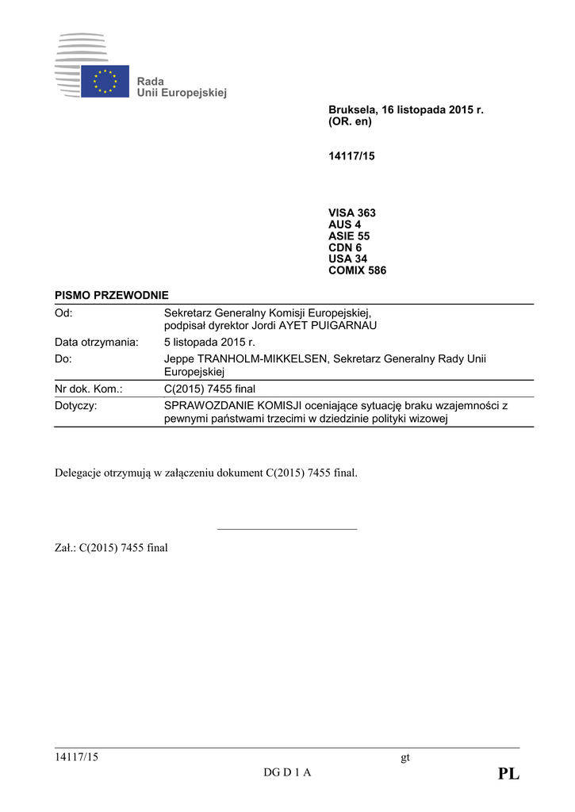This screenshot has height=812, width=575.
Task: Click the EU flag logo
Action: click(x=105, y=81)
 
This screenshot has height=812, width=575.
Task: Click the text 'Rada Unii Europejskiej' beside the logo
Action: click(x=182, y=87)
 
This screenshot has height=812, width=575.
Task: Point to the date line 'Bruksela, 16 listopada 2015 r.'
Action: click(x=405, y=110)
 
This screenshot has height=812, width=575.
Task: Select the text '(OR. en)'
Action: click(x=350, y=122)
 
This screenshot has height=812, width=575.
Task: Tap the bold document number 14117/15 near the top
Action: click(x=351, y=156)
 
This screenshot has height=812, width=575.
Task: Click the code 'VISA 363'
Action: click(x=352, y=213)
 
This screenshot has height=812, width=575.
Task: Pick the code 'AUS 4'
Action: click(x=344, y=224)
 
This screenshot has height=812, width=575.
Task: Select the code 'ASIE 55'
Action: click(x=349, y=236)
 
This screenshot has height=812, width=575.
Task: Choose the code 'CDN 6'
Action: click(x=345, y=247)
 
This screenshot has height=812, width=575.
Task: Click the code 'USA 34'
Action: click(x=347, y=259)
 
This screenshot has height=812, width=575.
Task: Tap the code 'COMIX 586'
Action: click(x=357, y=270)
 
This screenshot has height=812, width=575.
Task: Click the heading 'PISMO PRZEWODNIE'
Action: click(x=112, y=295)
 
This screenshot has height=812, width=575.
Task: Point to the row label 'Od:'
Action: click(x=64, y=313)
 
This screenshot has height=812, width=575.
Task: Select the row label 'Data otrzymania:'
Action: click(x=97, y=343)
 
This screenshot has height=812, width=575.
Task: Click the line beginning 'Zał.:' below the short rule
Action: click(x=111, y=547)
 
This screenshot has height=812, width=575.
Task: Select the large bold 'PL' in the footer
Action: click(x=508, y=774)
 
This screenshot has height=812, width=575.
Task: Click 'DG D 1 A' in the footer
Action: click(x=287, y=773)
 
